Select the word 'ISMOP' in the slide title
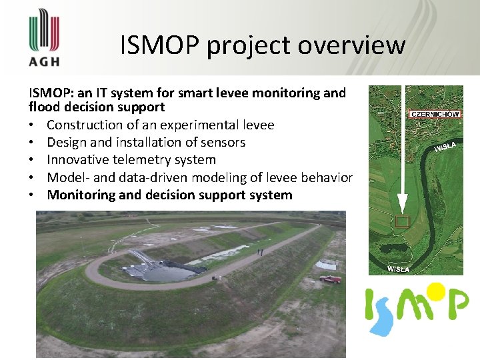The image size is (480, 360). point(159,45)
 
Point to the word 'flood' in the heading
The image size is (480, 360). point(43,107)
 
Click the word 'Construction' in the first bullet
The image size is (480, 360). point(83,125)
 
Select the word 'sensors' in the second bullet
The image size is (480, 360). point(223,142)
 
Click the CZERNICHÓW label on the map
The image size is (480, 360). point(435,114)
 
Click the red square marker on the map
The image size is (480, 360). point(401,222)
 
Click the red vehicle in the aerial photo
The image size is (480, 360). point(330,279)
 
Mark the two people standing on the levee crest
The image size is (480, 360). point(259,251)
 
